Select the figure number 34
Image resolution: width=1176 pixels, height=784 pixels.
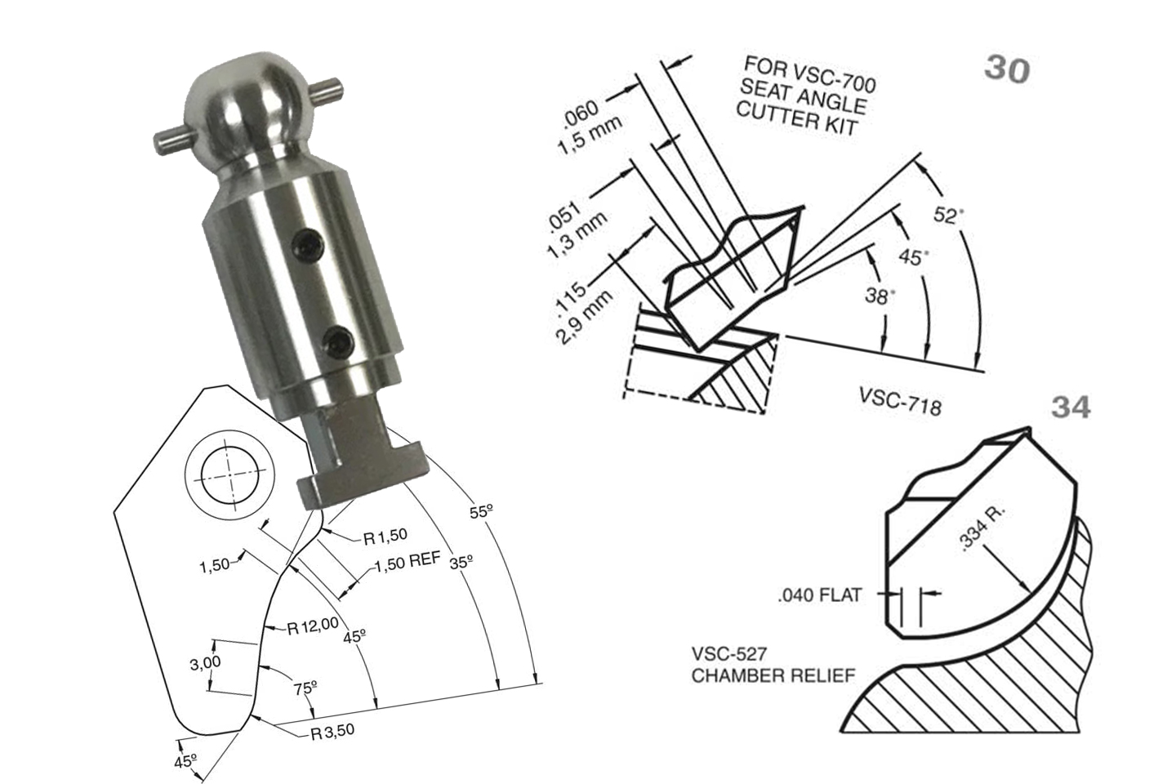click(x=1070, y=406)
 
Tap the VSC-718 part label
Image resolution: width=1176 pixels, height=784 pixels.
click(x=899, y=400)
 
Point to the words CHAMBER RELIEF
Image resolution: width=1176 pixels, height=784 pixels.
click(x=773, y=676)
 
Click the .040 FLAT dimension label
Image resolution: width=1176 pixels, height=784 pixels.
click(x=819, y=595)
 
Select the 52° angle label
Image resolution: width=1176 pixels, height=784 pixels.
click(x=947, y=215)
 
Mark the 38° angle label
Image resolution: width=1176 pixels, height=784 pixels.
click(x=880, y=295)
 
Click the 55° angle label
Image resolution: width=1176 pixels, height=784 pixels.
click(x=481, y=511)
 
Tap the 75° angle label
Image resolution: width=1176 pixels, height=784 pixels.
click(x=305, y=688)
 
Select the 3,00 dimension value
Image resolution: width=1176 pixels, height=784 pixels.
click(x=205, y=663)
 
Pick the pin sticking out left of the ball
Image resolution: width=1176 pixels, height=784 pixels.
click(x=170, y=141)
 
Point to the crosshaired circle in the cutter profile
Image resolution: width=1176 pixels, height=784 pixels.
click(x=226, y=476)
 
